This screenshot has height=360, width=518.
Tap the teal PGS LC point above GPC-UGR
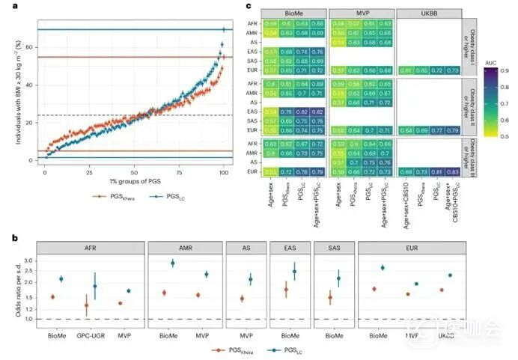point(94,286)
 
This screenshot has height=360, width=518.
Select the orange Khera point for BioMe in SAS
point(330,298)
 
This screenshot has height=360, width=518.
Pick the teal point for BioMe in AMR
point(173,263)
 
